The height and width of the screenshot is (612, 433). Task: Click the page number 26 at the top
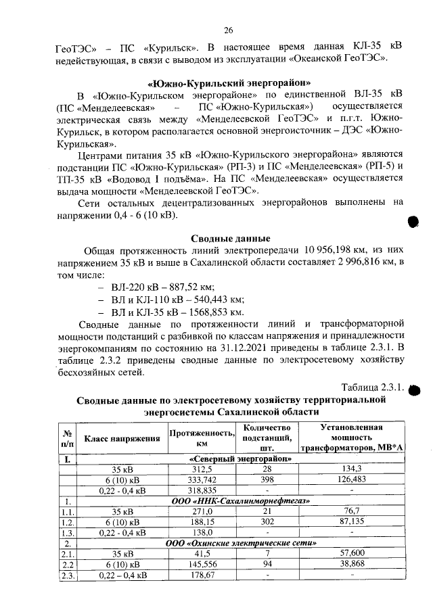coord(228,30)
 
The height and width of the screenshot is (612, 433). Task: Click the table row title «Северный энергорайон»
coord(241,459)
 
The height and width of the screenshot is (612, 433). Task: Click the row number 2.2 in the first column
coord(68,564)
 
